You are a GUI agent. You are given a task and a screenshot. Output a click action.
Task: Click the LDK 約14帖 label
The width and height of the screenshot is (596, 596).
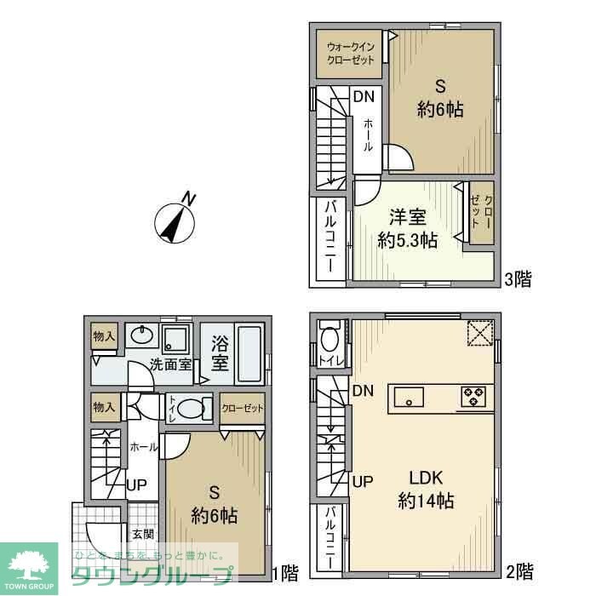[x=425, y=490]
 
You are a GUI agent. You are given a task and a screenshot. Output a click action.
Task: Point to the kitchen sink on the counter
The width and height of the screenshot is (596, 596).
[x=410, y=397]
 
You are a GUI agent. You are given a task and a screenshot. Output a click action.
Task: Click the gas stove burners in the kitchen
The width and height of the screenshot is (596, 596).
[x=472, y=396]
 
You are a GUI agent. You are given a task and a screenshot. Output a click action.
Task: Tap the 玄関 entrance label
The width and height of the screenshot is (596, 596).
[x=143, y=535]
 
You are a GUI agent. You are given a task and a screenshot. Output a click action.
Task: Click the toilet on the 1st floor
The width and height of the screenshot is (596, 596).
[x=192, y=408]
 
